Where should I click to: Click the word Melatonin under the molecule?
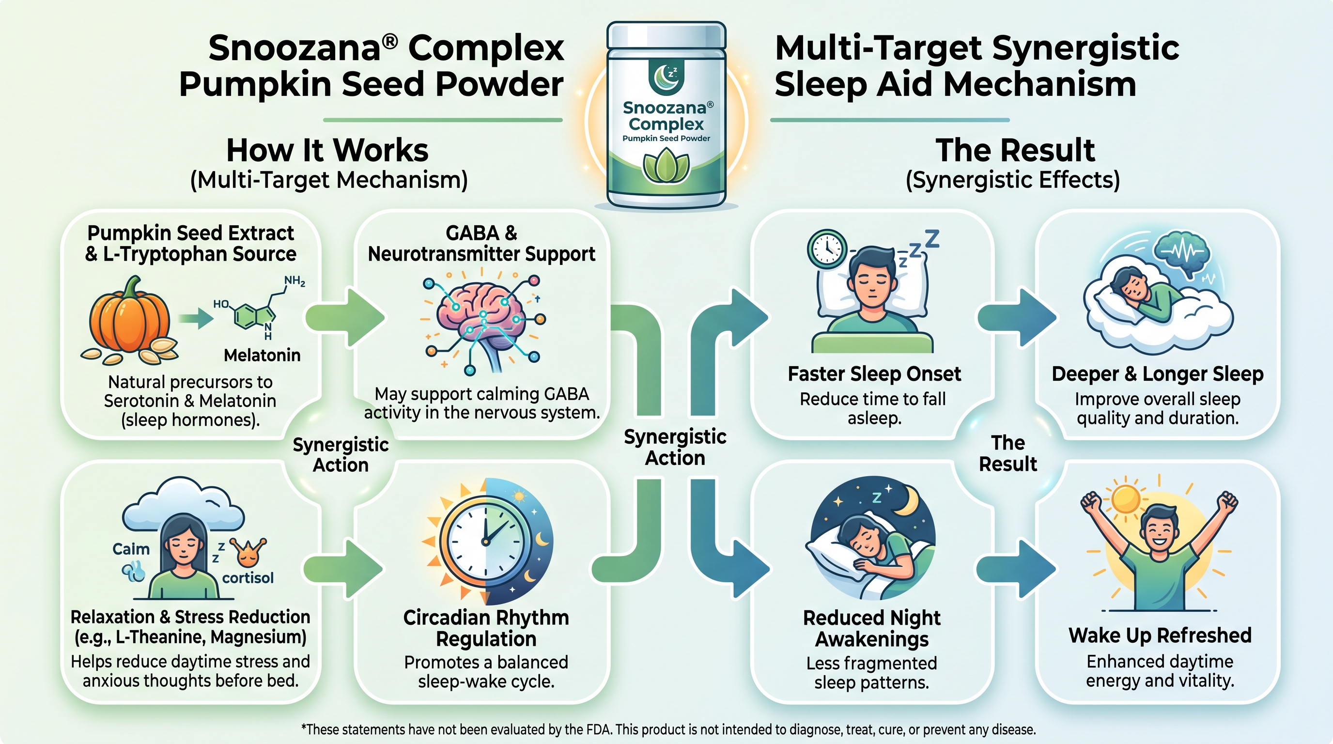pyautogui.click(x=262, y=356)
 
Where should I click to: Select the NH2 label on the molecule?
pyautogui.click(x=294, y=281)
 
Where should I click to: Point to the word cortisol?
pyautogui.click(x=248, y=578)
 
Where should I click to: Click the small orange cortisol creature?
pyautogui.click(x=248, y=553)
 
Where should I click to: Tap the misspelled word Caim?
pyautogui.click(x=131, y=549)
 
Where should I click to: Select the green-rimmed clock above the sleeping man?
pyautogui.click(x=827, y=249)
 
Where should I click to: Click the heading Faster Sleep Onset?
pyautogui.click(x=874, y=374)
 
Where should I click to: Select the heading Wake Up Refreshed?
pyautogui.click(x=1160, y=635)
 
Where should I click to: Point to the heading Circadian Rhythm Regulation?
pyautogui.click(x=486, y=628)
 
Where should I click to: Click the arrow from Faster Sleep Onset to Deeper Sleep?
pyautogui.click(x=1016, y=317)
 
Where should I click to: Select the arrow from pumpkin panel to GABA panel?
pyautogui.click(x=345, y=317)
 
